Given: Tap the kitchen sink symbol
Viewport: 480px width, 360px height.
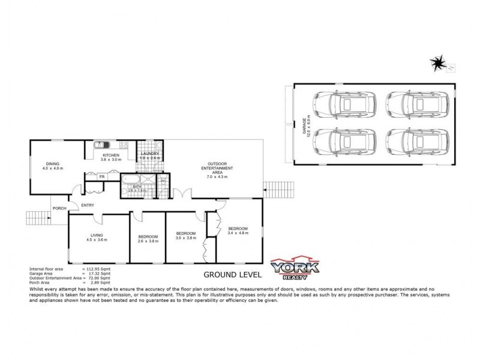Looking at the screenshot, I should pyautogui.click(x=101, y=145).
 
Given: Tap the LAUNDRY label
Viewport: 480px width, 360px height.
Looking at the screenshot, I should pyautogui.click(x=149, y=154).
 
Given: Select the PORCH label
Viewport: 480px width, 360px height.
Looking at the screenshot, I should pyautogui.click(x=59, y=208).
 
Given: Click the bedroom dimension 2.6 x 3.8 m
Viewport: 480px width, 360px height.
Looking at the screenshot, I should pyautogui.click(x=148, y=241).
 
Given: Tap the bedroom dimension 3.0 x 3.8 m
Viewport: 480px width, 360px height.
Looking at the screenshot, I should pyautogui.click(x=185, y=237).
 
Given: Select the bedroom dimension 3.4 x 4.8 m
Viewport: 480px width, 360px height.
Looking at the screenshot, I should pyautogui.click(x=238, y=233).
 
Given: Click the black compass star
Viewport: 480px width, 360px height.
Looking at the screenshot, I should pyautogui.click(x=439, y=62).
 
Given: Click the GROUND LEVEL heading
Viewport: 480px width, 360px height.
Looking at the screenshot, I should pyautogui.click(x=232, y=275).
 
